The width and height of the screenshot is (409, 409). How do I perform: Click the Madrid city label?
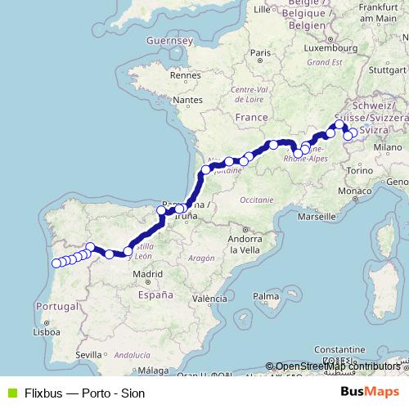pos(149,275)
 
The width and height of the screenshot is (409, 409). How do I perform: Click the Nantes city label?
pos(187,100)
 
